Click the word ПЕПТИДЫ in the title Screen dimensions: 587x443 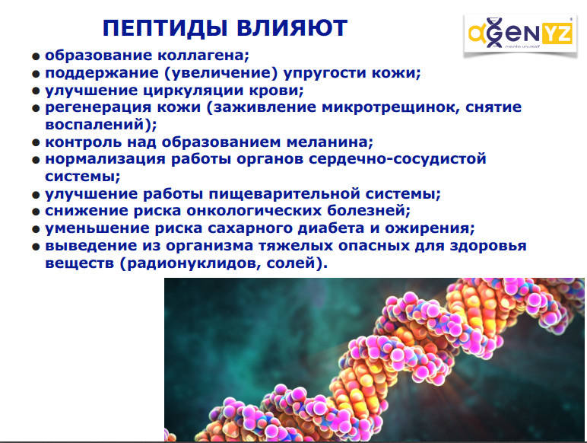[165, 28]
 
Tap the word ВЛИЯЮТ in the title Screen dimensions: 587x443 [292, 28]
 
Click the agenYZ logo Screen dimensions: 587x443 [520, 34]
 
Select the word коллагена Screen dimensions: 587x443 [203, 55]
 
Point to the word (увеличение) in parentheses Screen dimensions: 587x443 [221, 73]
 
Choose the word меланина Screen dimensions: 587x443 [330, 142]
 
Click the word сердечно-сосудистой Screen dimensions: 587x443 [397, 159]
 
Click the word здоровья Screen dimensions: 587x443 [488, 246]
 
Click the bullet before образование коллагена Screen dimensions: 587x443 [36, 56]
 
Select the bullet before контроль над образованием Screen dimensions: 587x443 [36, 143]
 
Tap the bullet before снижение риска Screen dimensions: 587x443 [36, 212]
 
